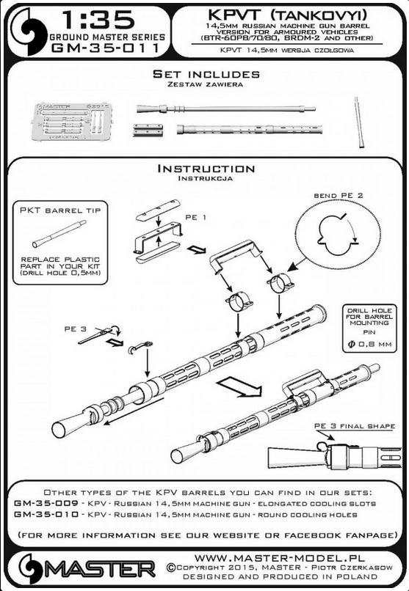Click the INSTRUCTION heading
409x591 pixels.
point(206,169)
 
